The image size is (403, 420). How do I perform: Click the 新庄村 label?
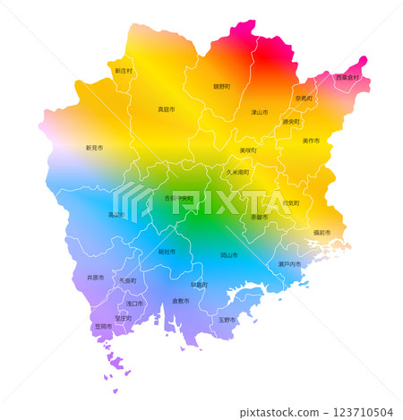(124, 70)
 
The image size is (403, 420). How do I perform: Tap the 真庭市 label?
(167, 109)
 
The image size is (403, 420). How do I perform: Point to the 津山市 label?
(260, 112)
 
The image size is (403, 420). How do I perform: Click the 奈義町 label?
(304, 98)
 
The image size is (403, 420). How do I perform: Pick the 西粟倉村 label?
(347, 78)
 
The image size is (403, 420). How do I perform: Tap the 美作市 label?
(311, 141)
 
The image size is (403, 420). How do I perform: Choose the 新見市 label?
(94, 148)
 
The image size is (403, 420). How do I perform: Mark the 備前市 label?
(322, 233)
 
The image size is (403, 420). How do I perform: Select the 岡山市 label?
(229, 255)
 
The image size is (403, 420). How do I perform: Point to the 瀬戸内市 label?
(289, 264)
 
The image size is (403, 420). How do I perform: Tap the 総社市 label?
(167, 253)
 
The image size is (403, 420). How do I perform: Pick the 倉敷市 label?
(180, 301)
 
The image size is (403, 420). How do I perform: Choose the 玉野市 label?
(227, 319)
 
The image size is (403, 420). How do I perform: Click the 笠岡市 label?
(103, 327)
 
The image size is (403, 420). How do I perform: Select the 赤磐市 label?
(259, 217)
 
